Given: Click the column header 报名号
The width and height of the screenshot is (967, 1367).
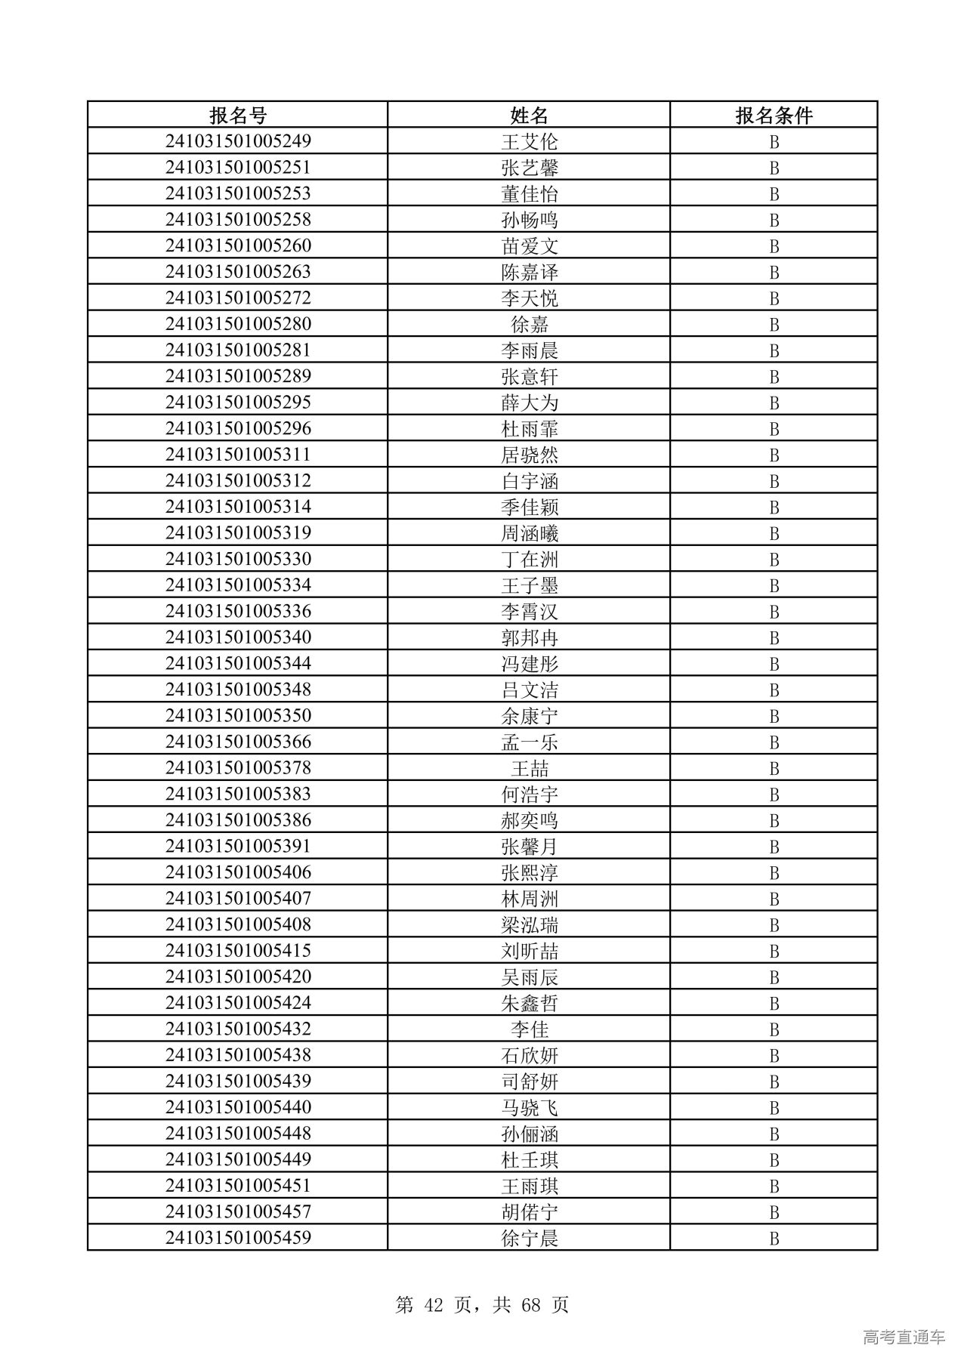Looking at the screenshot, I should tap(238, 115).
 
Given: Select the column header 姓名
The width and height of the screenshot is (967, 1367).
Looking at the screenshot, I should tap(529, 115).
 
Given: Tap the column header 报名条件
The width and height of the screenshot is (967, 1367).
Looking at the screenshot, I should tap(774, 115).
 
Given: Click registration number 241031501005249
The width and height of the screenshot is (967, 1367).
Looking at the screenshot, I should tap(238, 141).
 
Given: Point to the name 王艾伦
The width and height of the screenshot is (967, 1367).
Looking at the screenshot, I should tap(529, 141).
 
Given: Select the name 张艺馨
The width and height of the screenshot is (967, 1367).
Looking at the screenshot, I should tap(529, 168).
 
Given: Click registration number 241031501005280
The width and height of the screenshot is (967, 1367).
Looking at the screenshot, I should tap(238, 324).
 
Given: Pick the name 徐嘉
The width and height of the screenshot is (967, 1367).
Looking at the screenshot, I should tap(529, 324).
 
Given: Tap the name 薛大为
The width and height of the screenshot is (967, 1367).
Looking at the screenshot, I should tap(529, 403).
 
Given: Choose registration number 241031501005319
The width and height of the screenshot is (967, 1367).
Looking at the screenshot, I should tap(238, 533).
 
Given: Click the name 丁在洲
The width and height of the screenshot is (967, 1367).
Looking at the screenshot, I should tap(529, 559).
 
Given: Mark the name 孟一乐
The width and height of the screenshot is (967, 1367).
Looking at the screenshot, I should tap(529, 742).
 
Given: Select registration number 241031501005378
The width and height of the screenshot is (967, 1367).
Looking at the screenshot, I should tap(238, 768).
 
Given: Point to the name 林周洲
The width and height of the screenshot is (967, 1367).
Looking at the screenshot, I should tap(529, 899).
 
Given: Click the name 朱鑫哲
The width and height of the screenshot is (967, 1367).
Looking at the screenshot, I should tap(529, 1003).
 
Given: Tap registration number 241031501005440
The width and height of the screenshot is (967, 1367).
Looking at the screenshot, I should tap(238, 1107).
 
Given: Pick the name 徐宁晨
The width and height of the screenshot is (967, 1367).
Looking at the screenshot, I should tap(529, 1238).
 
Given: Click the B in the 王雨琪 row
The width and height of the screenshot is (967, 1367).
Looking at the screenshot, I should tap(774, 1186).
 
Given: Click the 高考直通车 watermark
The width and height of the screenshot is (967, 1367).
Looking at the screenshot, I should tap(904, 1337).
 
